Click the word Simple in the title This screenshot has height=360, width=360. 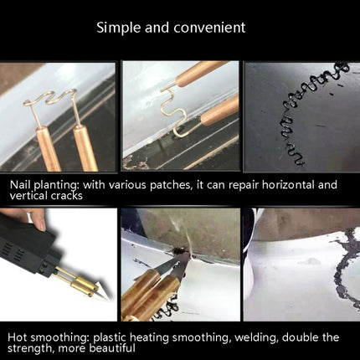(119, 28)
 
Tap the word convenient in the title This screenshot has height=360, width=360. (209, 28)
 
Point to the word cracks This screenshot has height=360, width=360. (67, 196)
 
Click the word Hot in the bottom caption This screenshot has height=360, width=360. (18, 337)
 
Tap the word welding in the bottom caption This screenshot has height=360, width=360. (256, 338)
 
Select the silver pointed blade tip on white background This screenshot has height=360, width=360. (101, 291)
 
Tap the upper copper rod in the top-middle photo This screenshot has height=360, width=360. (201, 73)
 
